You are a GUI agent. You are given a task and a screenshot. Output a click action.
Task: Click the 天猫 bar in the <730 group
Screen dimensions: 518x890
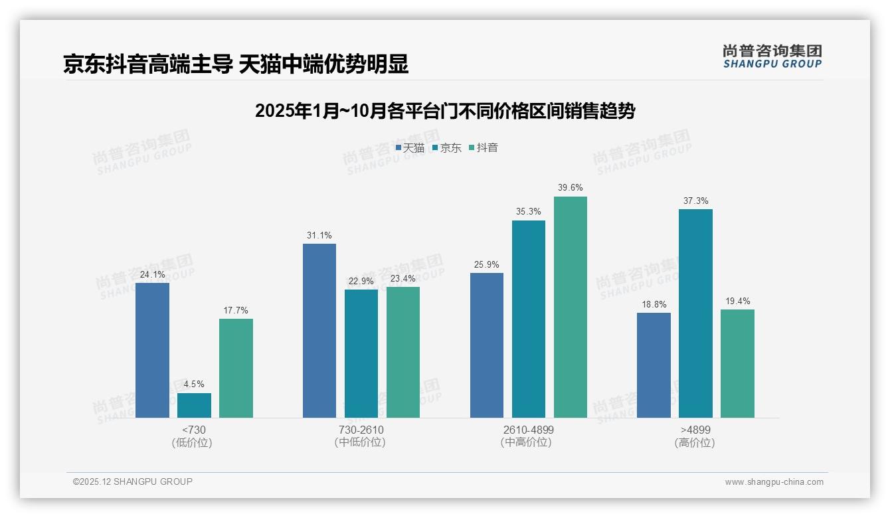(x=152, y=350)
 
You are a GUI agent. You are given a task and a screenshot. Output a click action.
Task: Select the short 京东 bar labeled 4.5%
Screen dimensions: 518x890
(x=194, y=405)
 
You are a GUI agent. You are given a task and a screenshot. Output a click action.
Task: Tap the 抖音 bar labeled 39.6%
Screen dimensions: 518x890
(x=571, y=307)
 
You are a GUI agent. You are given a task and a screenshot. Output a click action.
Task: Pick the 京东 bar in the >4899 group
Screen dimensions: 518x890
(x=695, y=313)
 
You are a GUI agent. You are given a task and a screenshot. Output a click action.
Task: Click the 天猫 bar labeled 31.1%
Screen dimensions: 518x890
(x=319, y=331)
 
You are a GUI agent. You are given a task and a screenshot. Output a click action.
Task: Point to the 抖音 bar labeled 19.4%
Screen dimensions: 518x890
(x=737, y=363)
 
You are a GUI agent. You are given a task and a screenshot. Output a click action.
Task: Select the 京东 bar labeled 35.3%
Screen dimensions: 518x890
(x=529, y=319)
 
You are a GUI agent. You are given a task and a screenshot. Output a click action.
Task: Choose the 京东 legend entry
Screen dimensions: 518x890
(x=447, y=148)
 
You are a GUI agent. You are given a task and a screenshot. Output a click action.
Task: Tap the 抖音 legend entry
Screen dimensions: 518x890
(x=484, y=148)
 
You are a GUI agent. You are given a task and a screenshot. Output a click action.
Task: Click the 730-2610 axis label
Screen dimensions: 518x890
(x=361, y=430)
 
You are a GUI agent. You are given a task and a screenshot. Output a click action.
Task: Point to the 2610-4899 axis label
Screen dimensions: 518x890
(x=527, y=430)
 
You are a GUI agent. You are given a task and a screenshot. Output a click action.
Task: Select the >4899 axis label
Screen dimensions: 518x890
(x=695, y=430)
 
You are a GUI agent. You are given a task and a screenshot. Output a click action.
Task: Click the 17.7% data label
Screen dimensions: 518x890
(x=236, y=310)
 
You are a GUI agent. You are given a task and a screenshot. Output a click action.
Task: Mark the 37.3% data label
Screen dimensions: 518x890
(x=695, y=201)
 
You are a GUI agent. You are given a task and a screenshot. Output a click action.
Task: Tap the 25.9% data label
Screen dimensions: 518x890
(x=486, y=264)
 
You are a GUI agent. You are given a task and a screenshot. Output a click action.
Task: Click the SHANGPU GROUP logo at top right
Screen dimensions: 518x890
(x=772, y=56)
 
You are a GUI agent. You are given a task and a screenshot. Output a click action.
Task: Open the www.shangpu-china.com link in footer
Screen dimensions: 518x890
(x=774, y=482)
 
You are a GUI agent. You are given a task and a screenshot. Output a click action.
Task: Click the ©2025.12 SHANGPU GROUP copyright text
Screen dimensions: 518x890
(x=133, y=481)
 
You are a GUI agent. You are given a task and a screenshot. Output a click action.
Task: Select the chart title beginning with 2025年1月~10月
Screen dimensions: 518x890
(x=444, y=111)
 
